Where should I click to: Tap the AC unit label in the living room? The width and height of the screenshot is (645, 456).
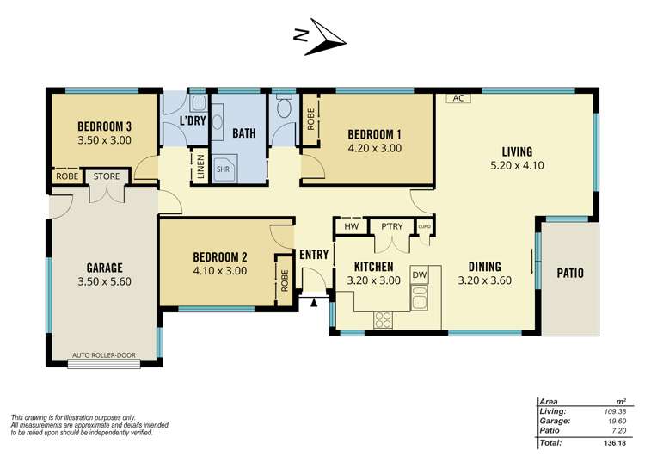pos(458,98)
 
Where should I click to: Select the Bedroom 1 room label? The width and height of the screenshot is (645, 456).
pos(374,134)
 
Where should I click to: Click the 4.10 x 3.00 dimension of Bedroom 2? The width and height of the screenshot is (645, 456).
pos(220,271)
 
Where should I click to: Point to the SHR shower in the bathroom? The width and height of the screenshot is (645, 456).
pos(224,169)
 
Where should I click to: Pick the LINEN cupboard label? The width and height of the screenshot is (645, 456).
pos(200,167)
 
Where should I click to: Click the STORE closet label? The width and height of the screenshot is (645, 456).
pos(107,176)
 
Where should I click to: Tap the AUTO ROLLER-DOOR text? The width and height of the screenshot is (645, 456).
pos(104,355)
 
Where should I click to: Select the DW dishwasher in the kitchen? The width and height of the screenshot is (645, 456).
pos(420,274)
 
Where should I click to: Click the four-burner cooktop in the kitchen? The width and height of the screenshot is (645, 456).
pos(383,320)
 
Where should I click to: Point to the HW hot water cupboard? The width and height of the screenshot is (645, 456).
pos(351,226)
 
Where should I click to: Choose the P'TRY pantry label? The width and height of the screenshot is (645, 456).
pos(391,226)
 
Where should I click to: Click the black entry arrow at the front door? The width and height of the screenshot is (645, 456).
pos(314,303)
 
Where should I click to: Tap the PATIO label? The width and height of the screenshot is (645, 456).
pos(570,273)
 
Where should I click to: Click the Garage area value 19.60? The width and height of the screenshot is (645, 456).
pos(617,421)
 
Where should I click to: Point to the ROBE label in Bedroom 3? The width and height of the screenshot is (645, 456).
pos(67,176)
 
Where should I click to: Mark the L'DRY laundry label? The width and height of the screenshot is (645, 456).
pos(193,121)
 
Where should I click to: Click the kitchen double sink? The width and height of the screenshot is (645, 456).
pos(420,297)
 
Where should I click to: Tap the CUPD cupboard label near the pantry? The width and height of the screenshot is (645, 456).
pos(425,227)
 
